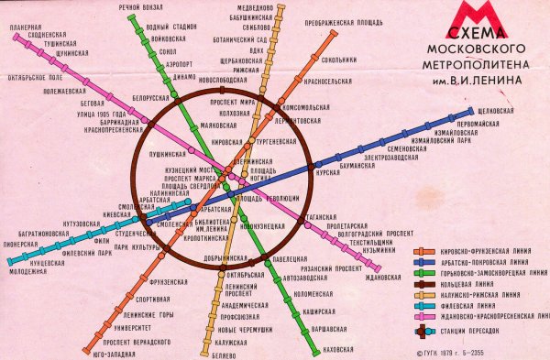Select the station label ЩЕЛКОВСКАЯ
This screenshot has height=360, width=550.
507,112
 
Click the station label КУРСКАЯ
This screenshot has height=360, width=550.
327,171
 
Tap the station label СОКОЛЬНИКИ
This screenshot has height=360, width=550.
339,60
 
